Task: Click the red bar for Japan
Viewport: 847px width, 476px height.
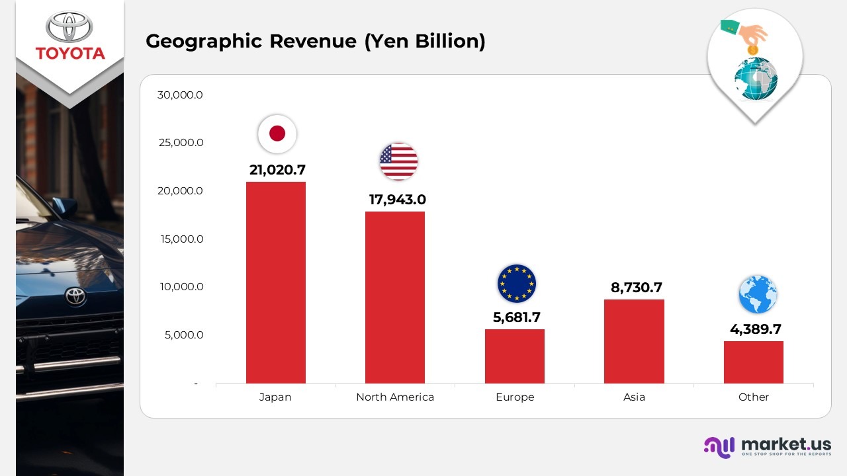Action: click(x=275, y=282)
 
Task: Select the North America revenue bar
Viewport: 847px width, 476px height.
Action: click(x=395, y=297)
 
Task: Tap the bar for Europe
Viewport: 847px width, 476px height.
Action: click(x=515, y=356)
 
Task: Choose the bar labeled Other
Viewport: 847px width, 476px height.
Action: click(x=754, y=362)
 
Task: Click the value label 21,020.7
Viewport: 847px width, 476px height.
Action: click(x=277, y=170)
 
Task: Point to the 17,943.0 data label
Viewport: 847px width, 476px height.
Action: click(x=397, y=200)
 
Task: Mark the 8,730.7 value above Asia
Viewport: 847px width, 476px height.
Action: click(x=636, y=288)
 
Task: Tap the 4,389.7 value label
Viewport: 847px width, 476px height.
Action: click(x=755, y=329)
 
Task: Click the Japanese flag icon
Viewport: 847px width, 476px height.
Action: click(x=277, y=134)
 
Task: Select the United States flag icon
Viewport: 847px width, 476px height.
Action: click(x=398, y=161)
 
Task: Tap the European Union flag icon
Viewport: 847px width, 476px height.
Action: click(x=517, y=283)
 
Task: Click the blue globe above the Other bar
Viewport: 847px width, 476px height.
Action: click(x=758, y=294)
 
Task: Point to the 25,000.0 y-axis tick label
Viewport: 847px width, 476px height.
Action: click(x=180, y=143)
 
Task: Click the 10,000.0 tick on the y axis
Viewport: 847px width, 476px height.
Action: click(x=180, y=287)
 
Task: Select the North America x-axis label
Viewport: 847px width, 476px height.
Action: click(x=395, y=397)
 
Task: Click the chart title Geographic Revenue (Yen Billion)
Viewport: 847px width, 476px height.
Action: click(x=316, y=41)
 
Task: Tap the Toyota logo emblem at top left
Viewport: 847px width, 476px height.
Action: click(x=70, y=26)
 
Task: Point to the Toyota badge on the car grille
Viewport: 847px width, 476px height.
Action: click(x=76, y=297)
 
